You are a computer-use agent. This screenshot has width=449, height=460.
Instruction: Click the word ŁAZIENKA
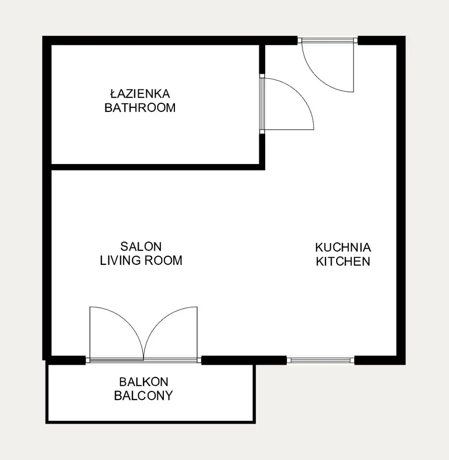[140, 94]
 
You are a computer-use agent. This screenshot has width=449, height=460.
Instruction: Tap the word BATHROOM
[140, 108]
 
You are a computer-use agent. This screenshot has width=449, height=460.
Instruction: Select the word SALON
[141, 246]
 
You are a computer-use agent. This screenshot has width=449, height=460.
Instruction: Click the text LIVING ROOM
[141, 261]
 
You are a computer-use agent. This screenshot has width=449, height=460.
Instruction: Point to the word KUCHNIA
[343, 248]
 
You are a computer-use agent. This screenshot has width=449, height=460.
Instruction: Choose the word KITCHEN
[343, 261]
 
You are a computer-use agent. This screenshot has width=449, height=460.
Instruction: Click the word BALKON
[144, 382]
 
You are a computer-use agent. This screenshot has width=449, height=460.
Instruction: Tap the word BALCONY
[144, 396]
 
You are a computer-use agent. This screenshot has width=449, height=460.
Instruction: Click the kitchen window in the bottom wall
[320, 360]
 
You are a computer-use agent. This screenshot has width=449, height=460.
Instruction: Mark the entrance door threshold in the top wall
[327, 40]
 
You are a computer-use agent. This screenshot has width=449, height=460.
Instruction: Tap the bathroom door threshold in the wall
[262, 104]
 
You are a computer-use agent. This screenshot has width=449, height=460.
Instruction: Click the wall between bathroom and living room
[158, 167]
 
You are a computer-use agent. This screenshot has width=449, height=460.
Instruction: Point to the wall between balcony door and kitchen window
[244, 360]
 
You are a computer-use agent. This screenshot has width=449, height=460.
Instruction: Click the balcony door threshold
[144, 360]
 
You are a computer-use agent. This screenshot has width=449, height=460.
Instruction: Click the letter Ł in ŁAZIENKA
[113, 94]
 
